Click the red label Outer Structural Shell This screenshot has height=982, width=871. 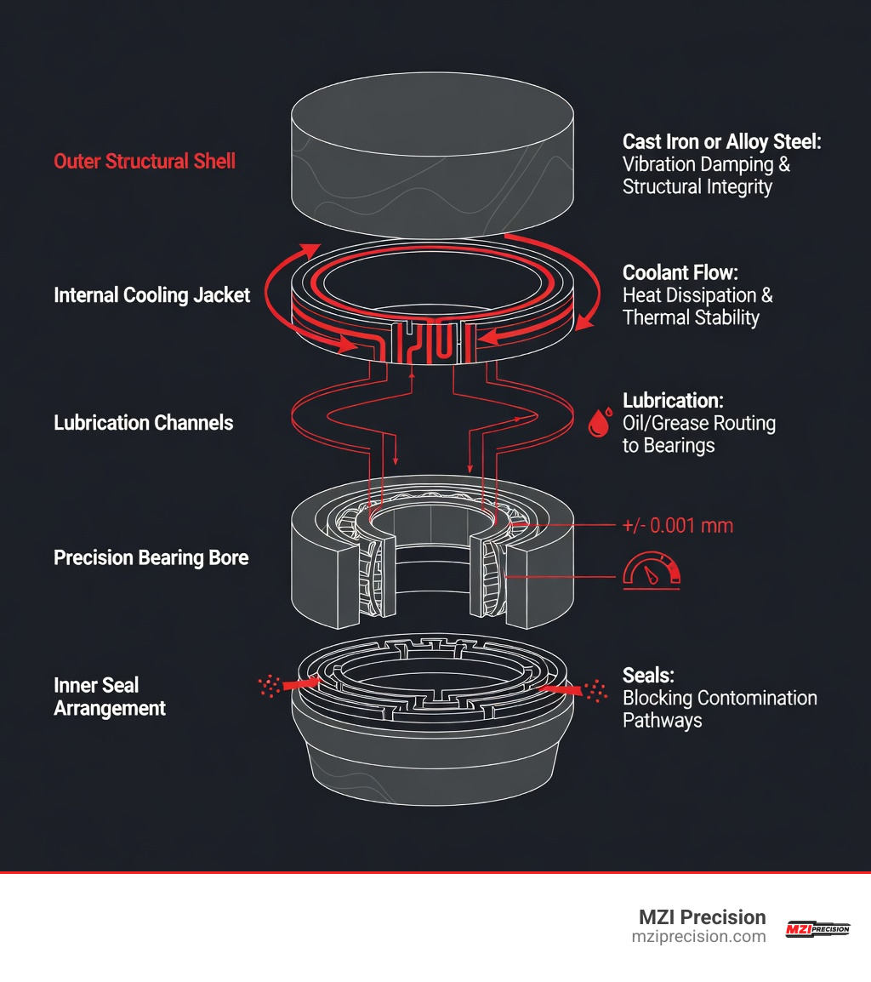click(144, 161)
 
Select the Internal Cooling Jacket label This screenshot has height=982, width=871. click(151, 295)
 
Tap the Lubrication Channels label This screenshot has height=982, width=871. click(143, 423)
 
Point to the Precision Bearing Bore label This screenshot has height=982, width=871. click(151, 558)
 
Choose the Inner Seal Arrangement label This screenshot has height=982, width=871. click(109, 696)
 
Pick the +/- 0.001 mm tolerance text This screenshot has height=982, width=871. click(677, 526)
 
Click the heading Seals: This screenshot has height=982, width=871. click(648, 675)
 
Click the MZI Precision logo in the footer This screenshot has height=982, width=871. click(817, 928)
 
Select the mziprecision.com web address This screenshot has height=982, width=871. click(698, 937)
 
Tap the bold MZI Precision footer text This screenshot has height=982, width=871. click(702, 917)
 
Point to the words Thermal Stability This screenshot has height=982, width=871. click(691, 318)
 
